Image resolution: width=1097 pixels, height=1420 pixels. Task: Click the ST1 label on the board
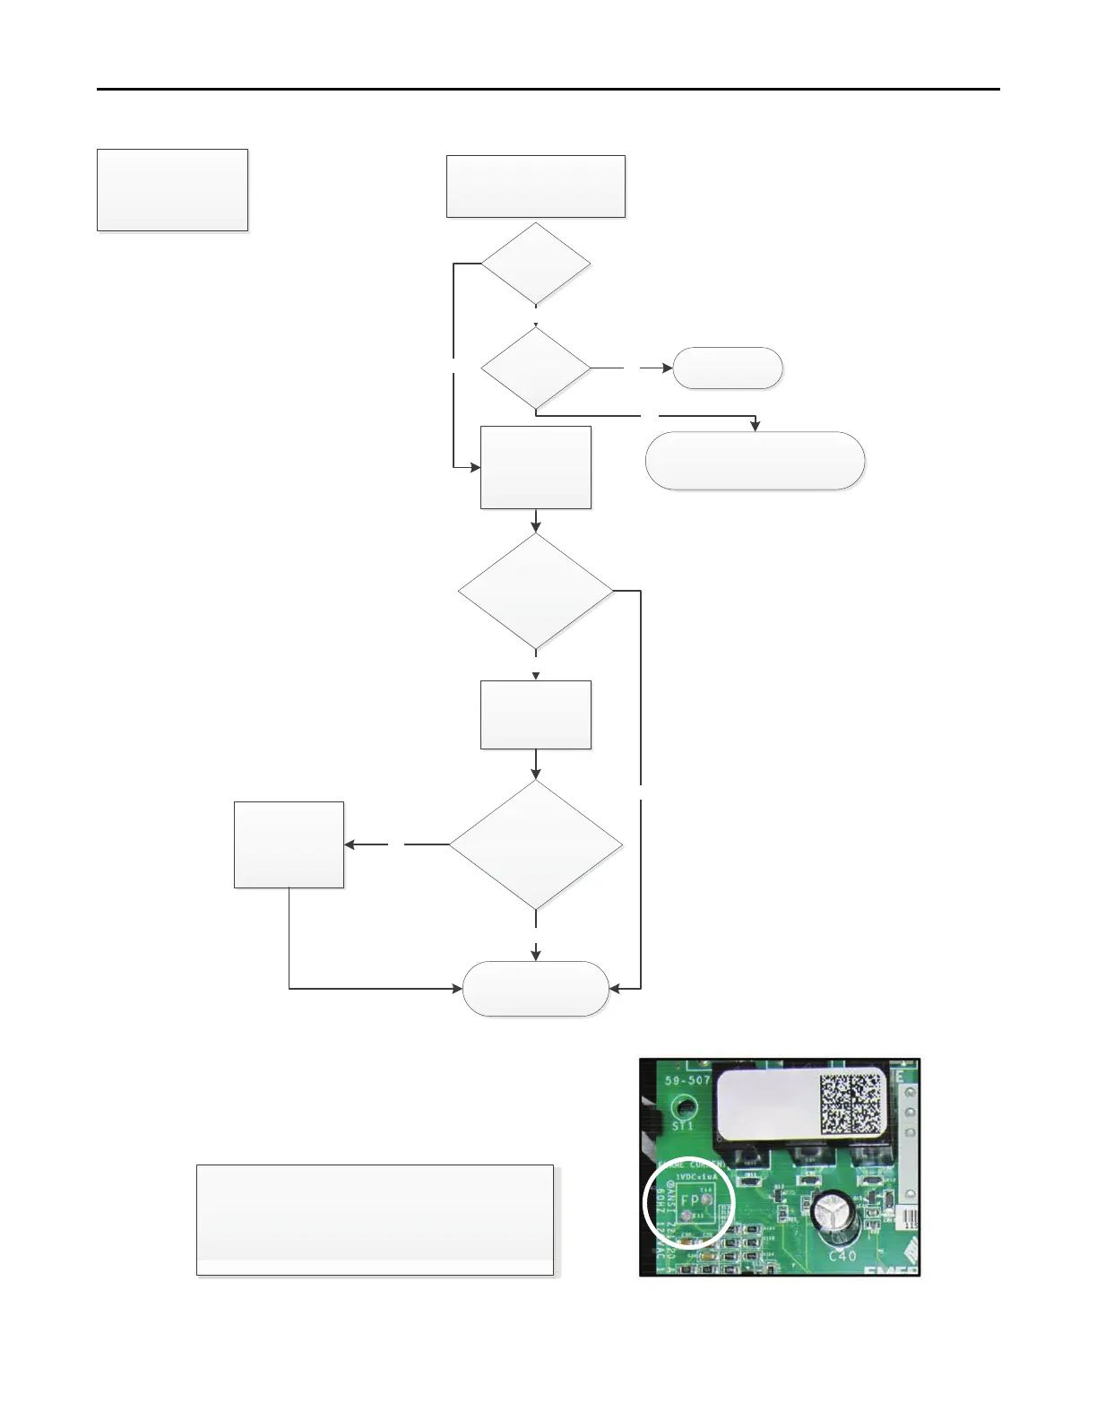tap(683, 1124)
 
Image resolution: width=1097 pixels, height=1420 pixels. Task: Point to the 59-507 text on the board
tap(687, 1080)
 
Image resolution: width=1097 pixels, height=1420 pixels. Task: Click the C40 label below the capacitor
tap(842, 1255)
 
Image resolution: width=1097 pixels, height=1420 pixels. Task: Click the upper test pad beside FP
tap(707, 1198)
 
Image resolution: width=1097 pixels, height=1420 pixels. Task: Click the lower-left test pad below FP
tap(687, 1216)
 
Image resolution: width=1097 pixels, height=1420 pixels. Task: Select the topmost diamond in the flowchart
tap(536, 264)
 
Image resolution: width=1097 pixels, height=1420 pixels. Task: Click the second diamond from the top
tap(536, 368)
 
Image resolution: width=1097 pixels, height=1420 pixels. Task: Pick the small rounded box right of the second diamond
tap(728, 368)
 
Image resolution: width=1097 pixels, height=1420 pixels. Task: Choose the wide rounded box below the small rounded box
tap(755, 461)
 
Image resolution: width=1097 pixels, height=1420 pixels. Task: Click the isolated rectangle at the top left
tap(172, 190)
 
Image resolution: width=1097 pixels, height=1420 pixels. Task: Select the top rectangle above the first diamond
tap(536, 186)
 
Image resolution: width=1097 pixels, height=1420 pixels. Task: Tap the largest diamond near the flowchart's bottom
tap(536, 844)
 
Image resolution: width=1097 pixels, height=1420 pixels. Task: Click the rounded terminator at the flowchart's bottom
tap(536, 989)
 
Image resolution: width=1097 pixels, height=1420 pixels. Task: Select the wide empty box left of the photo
tap(375, 1219)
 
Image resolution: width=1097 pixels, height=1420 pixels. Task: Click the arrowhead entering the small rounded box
tap(668, 368)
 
